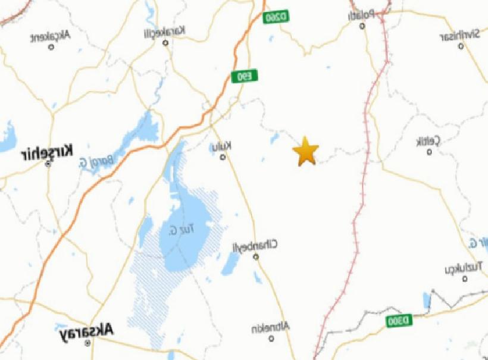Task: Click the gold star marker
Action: click(x=305, y=151)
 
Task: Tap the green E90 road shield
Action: click(x=239, y=77)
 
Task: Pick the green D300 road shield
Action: click(x=398, y=321)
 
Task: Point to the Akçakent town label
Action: click(x=51, y=36)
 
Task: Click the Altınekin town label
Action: click(x=270, y=328)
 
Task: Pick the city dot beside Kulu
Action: click(x=223, y=157)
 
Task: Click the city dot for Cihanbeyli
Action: click(x=256, y=257)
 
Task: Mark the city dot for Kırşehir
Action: click(x=48, y=163)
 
